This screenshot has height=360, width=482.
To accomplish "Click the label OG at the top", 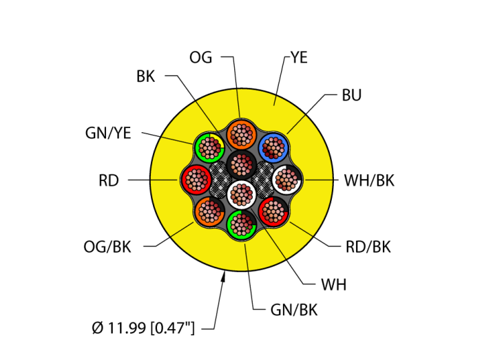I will (201, 57).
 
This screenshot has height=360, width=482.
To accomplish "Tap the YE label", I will (298, 58).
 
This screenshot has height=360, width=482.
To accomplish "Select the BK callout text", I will (145, 76).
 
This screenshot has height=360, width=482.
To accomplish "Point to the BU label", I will (351, 96).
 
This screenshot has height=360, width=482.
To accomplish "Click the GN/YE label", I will (108, 134).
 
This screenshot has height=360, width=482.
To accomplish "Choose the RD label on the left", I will (109, 181).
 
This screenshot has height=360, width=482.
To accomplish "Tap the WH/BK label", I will (369, 181).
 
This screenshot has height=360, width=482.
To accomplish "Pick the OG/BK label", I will (107, 247).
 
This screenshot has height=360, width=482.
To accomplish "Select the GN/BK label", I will (294, 310).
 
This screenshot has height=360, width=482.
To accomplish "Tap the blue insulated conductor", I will (274, 147).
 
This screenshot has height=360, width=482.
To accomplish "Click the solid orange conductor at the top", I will (241, 135).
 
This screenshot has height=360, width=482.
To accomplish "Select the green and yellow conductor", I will (209, 147).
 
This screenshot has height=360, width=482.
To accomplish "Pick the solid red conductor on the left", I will (196, 180).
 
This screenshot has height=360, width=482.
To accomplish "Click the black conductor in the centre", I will (241, 165).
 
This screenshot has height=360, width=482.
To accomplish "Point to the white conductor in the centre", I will (241, 195).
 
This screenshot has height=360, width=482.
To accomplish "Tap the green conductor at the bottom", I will (242, 224).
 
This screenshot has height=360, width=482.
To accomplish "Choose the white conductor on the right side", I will (286, 180).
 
